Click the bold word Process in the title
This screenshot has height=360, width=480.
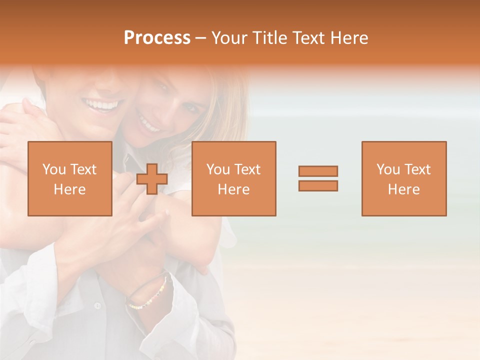point(157,38)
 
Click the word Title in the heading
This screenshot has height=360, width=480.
point(269,38)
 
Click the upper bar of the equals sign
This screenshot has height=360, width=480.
point(318,171)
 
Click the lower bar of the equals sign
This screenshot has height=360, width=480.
point(318,185)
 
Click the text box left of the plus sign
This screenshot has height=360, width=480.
point(70,178)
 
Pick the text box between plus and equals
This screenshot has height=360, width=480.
point(234,178)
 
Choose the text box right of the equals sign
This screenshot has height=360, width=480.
point(404,178)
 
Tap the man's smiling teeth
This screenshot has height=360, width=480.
point(103,105)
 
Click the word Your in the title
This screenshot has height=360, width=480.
point(230,38)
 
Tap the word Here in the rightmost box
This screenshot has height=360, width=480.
point(404,189)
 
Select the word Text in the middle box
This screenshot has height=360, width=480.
point(248,169)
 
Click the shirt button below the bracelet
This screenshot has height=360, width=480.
point(97,305)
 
